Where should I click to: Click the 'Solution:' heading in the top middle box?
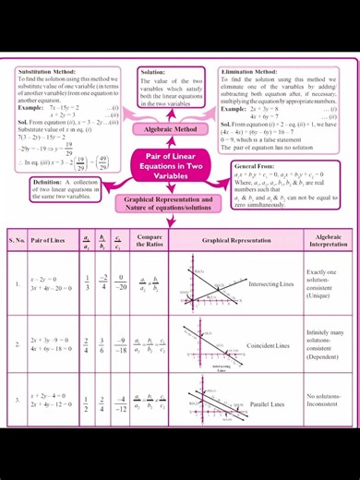(152, 71)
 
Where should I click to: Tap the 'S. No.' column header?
(18, 240)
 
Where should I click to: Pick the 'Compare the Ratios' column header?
(150, 240)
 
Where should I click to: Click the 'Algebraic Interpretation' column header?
(328, 240)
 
